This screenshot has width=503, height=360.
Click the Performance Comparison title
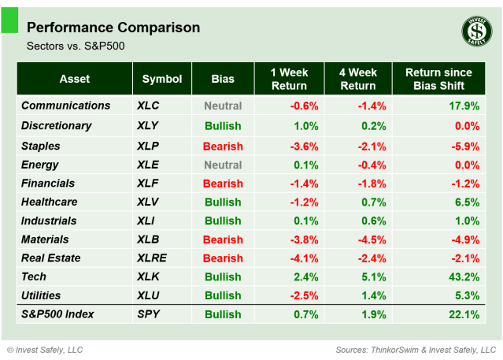(113, 28)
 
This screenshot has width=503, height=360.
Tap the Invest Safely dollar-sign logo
(475, 32)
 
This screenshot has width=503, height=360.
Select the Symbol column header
(162, 79)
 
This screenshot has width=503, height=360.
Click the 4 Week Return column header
(357, 79)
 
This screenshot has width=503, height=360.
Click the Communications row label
(65, 106)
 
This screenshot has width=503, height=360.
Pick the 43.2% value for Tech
(464, 277)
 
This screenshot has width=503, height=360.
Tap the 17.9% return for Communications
(464, 106)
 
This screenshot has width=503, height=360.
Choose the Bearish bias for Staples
(223, 147)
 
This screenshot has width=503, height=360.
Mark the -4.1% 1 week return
(304, 258)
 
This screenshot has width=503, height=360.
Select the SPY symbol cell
(147, 314)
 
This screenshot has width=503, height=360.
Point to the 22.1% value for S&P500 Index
(464, 315)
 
